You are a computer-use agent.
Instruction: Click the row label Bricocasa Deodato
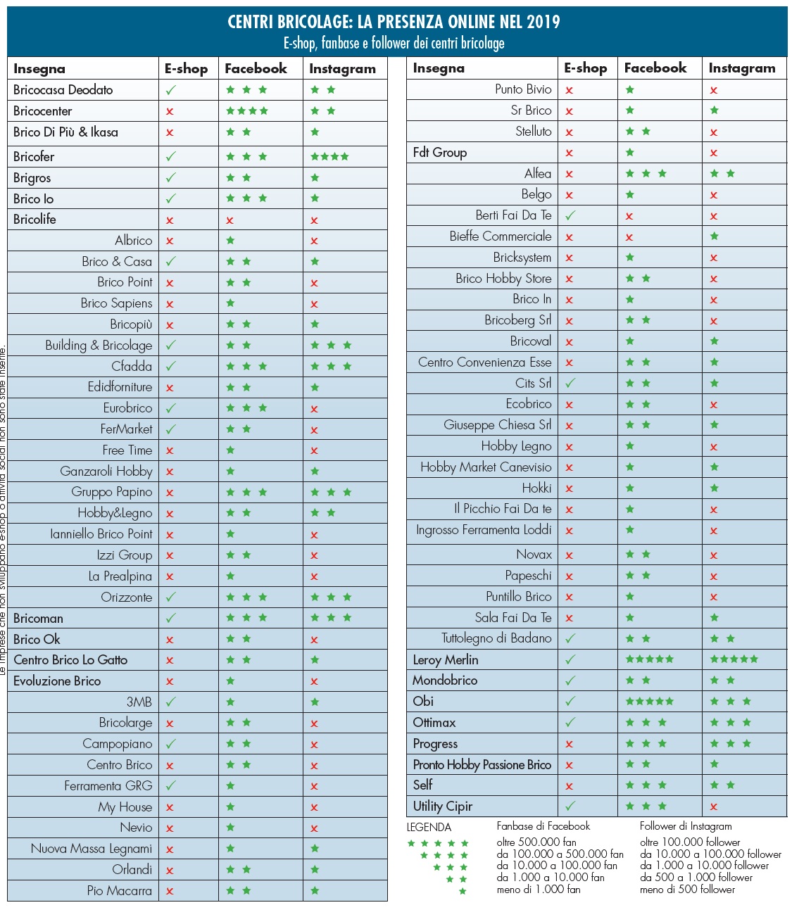pyautogui.click(x=63, y=90)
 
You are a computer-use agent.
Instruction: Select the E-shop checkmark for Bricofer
pyautogui.click(x=170, y=156)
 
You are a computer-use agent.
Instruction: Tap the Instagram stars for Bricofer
pyautogui.click(x=329, y=156)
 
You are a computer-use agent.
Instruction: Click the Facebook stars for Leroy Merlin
pyautogui.click(x=649, y=659)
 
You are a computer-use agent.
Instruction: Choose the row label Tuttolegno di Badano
pyautogui.click(x=496, y=638)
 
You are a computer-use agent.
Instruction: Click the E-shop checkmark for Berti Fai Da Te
pyautogui.click(x=570, y=215)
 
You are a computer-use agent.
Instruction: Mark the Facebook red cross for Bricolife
pyautogui.click(x=230, y=220)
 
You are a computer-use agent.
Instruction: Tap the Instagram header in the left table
pyautogui.click(x=342, y=69)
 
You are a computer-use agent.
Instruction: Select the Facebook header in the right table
pyautogui.click(x=655, y=68)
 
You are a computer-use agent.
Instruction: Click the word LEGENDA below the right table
pyautogui.click(x=429, y=828)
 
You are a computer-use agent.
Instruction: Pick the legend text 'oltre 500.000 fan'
pyautogui.click(x=536, y=842)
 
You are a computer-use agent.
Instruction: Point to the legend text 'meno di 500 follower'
pyautogui.click(x=687, y=890)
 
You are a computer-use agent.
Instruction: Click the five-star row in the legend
pyautogui.click(x=438, y=843)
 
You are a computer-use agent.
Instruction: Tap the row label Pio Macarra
pyautogui.click(x=119, y=891)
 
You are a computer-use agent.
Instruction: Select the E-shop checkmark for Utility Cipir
pyautogui.click(x=570, y=806)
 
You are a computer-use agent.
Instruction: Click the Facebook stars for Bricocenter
pyautogui.click(x=246, y=111)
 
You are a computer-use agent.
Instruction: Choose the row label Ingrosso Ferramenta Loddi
pyautogui.click(x=484, y=530)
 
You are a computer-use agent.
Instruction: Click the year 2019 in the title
pyautogui.click(x=543, y=22)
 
